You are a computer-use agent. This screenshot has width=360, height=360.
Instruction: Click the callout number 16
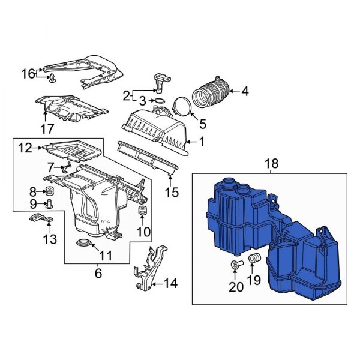29,74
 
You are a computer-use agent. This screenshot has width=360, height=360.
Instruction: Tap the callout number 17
47,128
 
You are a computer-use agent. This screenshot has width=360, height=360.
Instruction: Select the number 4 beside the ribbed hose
245,92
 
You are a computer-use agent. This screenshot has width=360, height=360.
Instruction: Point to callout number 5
202,124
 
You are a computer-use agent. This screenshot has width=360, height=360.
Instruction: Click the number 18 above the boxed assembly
271,163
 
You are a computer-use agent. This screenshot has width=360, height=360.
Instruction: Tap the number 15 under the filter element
172,193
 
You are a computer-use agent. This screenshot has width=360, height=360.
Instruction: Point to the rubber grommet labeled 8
50,192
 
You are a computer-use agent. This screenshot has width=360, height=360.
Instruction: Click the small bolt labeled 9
50,204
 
